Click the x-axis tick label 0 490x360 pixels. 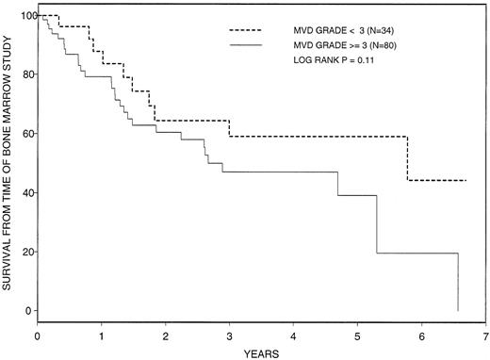tap(38, 335)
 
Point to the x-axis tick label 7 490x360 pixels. tap(485, 335)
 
